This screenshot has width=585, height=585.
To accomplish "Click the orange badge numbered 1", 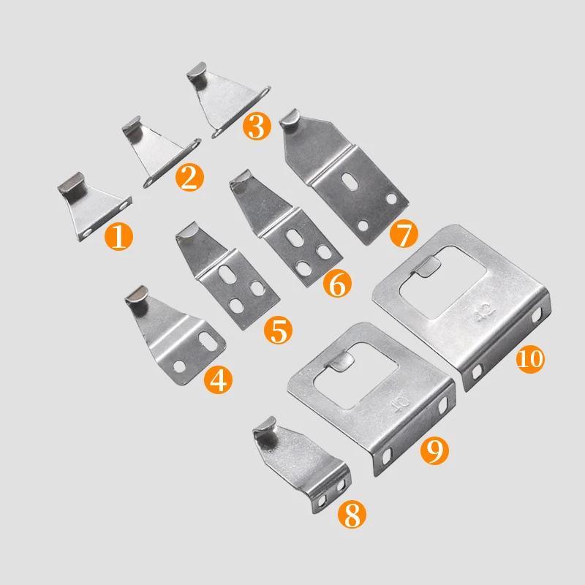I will coord(120,237).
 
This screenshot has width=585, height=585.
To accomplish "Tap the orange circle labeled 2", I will coord(188,178).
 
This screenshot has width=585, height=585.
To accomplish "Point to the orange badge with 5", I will coord(278,331).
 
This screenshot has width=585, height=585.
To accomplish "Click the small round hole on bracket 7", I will coord(393,198).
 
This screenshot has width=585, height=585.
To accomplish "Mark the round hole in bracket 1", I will coord(88,231).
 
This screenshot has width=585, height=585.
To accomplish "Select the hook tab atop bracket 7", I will coord(291,119).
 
